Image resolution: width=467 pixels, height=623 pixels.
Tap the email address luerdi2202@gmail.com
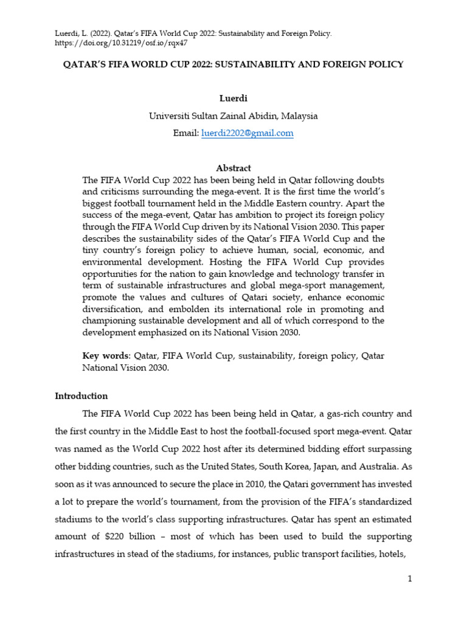(247, 133)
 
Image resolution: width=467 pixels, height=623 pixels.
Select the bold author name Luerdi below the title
(233, 97)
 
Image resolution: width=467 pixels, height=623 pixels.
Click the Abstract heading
(233, 168)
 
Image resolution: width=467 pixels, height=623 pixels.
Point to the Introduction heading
(81, 395)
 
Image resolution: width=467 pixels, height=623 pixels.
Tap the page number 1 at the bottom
(410, 579)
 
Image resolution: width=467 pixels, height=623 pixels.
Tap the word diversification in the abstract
(112, 309)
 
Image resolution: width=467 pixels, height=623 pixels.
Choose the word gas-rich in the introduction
(342, 414)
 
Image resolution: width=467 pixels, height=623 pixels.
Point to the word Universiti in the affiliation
(170, 116)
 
